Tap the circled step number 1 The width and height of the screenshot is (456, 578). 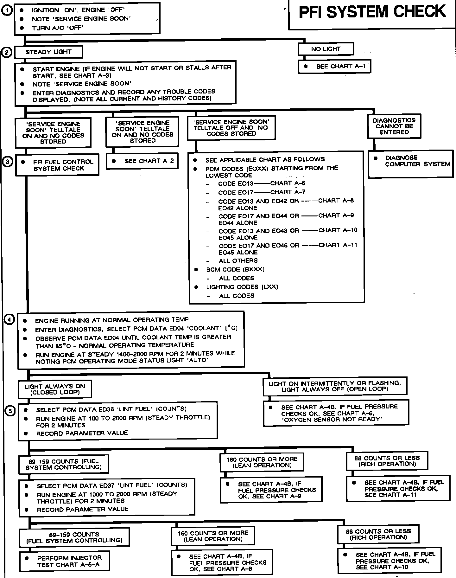coord(7,10)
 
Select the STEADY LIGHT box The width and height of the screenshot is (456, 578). coord(48,52)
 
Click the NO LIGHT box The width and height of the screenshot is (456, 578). coord(326,49)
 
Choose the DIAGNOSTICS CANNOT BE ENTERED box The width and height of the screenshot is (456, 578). coord(394,126)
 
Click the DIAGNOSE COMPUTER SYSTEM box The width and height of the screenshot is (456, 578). coord(410,161)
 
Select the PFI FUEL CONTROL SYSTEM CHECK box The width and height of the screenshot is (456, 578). coord(57,165)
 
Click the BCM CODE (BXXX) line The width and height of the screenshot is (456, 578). coord(235,269)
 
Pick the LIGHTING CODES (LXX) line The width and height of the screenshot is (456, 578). coord(242,287)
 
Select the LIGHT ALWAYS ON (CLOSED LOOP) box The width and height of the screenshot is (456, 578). coord(55,389)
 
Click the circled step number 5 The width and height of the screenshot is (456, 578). coord(10,411)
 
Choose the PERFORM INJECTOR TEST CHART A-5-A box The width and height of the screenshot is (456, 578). coord(65,561)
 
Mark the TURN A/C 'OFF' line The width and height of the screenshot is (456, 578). coord(58,28)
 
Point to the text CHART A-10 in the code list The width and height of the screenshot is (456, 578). coord(338,230)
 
